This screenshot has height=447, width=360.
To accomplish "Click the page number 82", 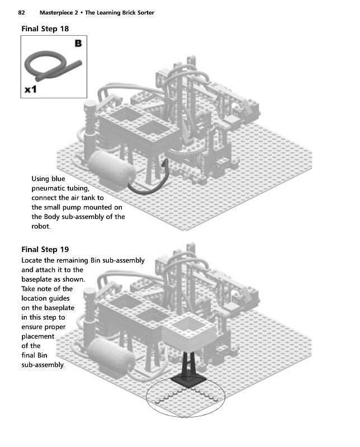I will (x=22, y=12).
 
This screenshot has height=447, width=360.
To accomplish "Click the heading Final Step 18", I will (x=45, y=28).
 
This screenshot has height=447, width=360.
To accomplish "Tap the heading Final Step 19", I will (x=45, y=249).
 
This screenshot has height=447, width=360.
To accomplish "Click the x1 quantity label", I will (x=30, y=89).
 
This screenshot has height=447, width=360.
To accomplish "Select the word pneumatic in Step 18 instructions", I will (x=51, y=189).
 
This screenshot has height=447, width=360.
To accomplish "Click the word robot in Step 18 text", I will (x=41, y=227).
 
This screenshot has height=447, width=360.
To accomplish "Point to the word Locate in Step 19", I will (x=33, y=260).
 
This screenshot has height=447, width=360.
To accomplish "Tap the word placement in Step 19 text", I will (x=37, y=336).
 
